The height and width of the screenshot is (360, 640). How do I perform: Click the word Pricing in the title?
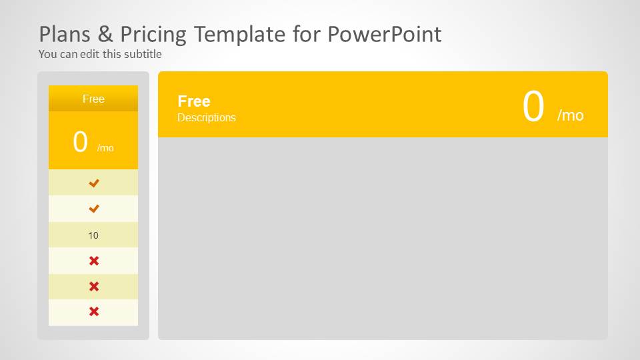coord(149,34)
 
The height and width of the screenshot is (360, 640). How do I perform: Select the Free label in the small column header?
coord(93,99)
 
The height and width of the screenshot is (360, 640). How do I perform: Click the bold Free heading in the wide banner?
coord(194,101)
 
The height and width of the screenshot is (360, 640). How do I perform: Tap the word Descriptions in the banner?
coord(207,117)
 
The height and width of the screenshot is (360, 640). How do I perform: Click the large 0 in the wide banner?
coord(533,107)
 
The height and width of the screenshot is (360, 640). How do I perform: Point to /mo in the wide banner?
coord(570,115)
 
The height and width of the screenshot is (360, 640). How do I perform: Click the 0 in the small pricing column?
coord(81,142)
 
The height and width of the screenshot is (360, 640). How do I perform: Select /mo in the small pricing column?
coord(105,148)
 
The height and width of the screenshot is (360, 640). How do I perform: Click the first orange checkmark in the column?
coord(94,183)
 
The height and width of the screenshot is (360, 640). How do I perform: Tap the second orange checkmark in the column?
coord(94,209)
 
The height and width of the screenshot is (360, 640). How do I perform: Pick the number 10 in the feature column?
coord(93,235)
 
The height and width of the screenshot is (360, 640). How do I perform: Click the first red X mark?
coord(94,261)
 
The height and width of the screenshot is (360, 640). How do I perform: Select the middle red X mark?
coord(94,286)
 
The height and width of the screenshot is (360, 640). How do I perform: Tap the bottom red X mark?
coord(94,311)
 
